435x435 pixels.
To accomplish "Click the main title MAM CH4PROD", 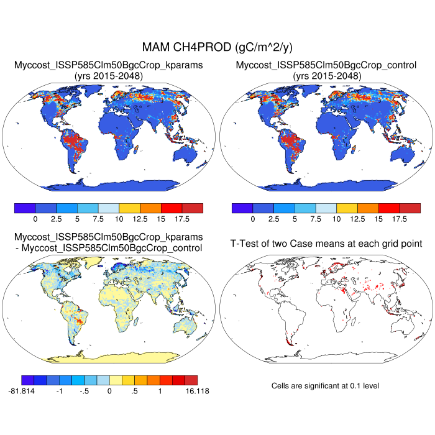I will pos(217,47).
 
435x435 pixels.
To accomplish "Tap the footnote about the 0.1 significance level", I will pos(325,386).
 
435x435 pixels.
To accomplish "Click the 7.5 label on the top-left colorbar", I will pos(98,219).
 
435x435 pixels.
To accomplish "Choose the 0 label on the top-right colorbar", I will pos(252,219).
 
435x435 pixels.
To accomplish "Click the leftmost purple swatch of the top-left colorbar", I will pos(25,208).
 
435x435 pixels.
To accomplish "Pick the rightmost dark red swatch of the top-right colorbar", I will pos(410,208).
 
